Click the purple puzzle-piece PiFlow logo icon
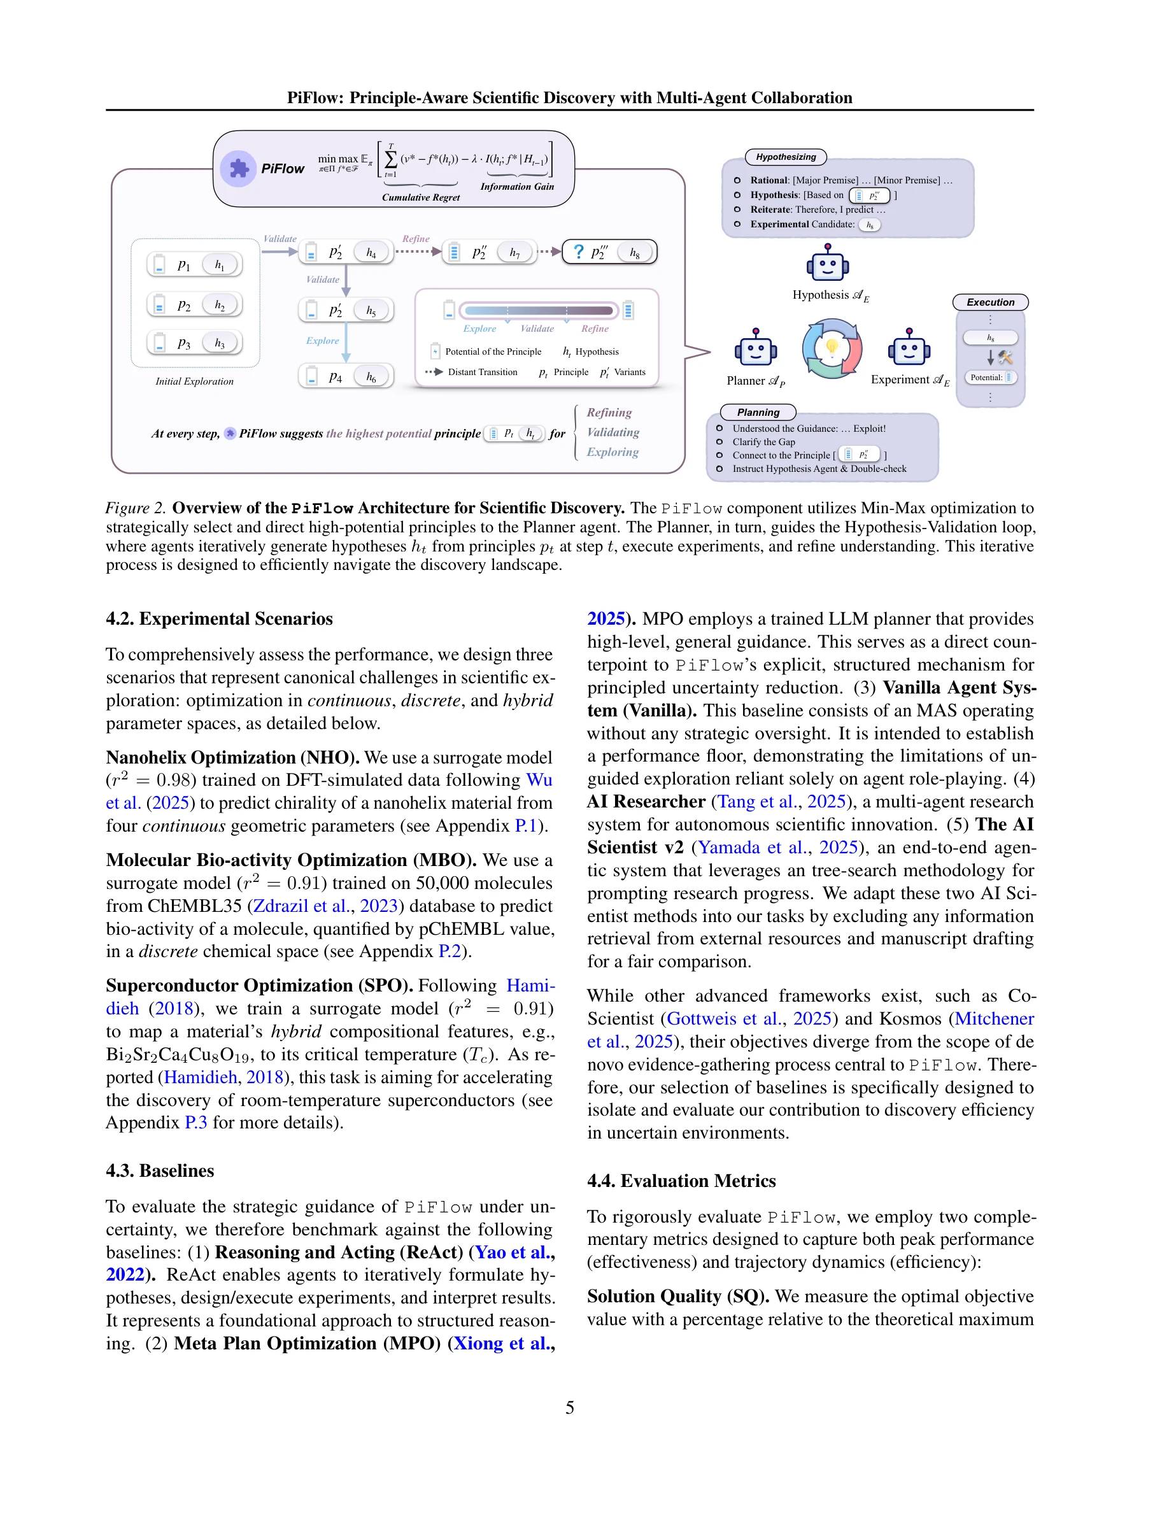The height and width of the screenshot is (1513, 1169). [238, 167]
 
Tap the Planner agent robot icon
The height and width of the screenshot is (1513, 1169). [755, 348]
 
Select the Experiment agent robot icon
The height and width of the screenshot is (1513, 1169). [909, 348]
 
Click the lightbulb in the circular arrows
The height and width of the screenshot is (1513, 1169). [832, 347]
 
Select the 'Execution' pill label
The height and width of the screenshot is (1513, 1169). [989, 302]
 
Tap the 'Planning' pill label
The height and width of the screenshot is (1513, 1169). [758, 412]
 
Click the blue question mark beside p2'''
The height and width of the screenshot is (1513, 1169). [578, 252]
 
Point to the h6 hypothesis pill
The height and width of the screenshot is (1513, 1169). [372, 377]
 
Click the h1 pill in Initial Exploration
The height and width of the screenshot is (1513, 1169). [220, 265]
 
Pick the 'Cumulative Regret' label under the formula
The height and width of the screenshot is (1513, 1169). [420, 197]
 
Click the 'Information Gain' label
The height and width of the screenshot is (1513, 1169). [516, 187]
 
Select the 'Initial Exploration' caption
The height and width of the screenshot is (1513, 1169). [195, 381]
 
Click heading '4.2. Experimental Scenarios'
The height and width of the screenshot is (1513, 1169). [219, 619]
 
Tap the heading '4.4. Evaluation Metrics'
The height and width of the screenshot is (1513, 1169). [681, 1181]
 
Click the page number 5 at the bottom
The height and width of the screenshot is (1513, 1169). [569, 1407]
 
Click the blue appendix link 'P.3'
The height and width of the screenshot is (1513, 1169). [195, 1122]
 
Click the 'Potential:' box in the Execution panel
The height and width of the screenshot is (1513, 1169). [989, 378]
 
